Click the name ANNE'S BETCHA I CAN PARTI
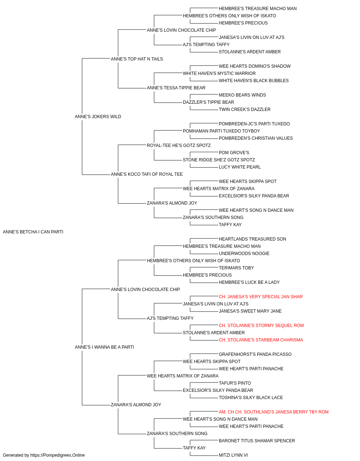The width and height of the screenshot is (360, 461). click(33, 232)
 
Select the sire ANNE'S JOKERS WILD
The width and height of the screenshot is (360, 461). click(98, 117)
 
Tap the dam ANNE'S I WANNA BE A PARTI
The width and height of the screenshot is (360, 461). click(104, 347)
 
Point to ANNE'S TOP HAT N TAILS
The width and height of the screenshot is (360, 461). click(137, 59)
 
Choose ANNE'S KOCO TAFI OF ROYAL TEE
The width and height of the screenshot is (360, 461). click(147, 174)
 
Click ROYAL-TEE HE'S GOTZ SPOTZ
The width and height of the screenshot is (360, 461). click(179, 145)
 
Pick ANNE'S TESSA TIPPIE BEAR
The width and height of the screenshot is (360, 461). click(176, 88)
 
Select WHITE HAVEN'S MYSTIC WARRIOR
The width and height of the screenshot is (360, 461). click(219, 73)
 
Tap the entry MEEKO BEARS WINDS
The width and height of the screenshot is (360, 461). click(242, 95)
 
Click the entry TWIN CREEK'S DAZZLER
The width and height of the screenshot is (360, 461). click(245, 109)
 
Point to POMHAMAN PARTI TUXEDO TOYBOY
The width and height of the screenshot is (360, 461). click(221, 131)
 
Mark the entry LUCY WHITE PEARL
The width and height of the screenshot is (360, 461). click(240, 167)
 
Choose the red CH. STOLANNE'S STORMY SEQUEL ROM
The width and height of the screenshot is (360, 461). click(261, 326)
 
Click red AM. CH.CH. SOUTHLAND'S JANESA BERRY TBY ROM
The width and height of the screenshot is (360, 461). click(274, 412)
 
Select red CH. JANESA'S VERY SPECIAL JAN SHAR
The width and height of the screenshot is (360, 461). click(261, 296)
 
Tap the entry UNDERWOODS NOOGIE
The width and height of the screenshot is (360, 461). click(244, 254)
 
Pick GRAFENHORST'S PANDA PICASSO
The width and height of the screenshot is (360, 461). click(255, 354)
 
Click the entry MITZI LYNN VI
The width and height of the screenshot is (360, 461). click(233, 455)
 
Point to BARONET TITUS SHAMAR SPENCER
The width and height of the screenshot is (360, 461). click(257, 440)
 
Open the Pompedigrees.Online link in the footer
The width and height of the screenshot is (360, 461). click(58, 455)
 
